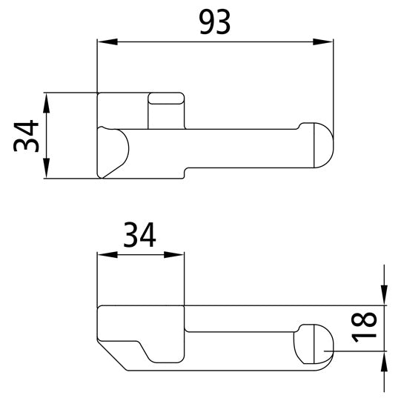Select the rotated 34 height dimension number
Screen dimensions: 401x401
[28, 136]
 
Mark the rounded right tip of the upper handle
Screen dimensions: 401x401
[323, 145]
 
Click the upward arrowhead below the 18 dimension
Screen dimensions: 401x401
[384, 360]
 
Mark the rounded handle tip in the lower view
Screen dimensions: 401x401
[314, 344]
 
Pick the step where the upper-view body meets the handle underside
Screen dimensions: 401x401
[185, 171]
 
